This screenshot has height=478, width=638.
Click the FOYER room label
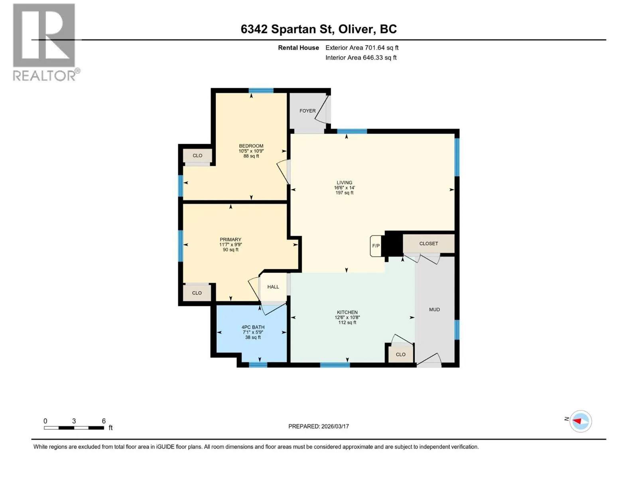[x=307, y=111]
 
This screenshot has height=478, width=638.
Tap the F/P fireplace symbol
[x=376, y=245]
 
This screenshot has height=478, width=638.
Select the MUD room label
[x=434, y=310]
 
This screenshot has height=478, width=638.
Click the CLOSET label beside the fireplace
[x=428, y=243]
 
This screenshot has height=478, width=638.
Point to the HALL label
[x=273, y=287]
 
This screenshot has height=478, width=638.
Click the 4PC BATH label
[x=253, y=327]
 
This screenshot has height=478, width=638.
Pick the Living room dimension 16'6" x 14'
[x=345, y=188]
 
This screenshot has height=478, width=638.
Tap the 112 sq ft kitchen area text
[x=347, y=322]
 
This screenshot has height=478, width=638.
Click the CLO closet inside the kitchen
[x=400, y=355]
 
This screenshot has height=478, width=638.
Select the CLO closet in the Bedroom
[x=197, y=156]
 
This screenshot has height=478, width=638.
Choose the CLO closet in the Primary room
[x=197, y=293]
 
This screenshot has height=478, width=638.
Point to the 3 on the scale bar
[x=74, y=421]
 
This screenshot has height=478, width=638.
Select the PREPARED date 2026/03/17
[x=335, y=426]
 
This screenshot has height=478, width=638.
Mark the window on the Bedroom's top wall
[x=261, y=90]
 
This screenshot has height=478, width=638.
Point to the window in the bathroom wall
[x=258, y=365]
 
